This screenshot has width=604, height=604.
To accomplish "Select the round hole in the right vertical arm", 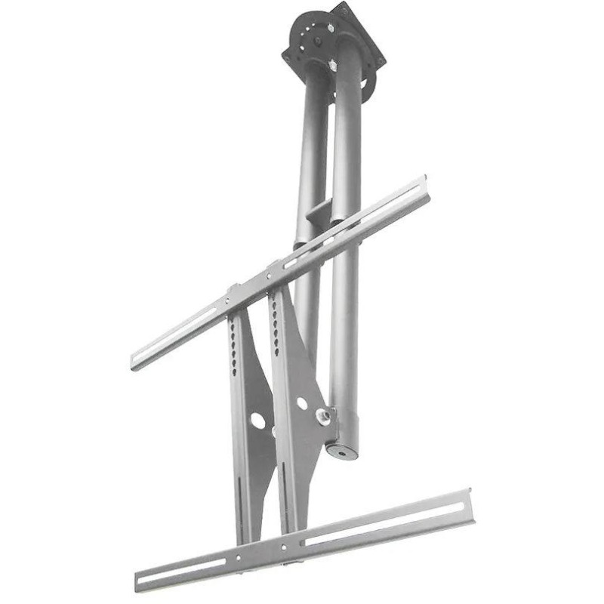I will click(x=302, y=404).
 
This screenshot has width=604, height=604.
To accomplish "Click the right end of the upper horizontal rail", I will click(x=427, y=189).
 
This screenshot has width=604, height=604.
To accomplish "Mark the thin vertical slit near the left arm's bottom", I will click(x=240, y=498).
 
